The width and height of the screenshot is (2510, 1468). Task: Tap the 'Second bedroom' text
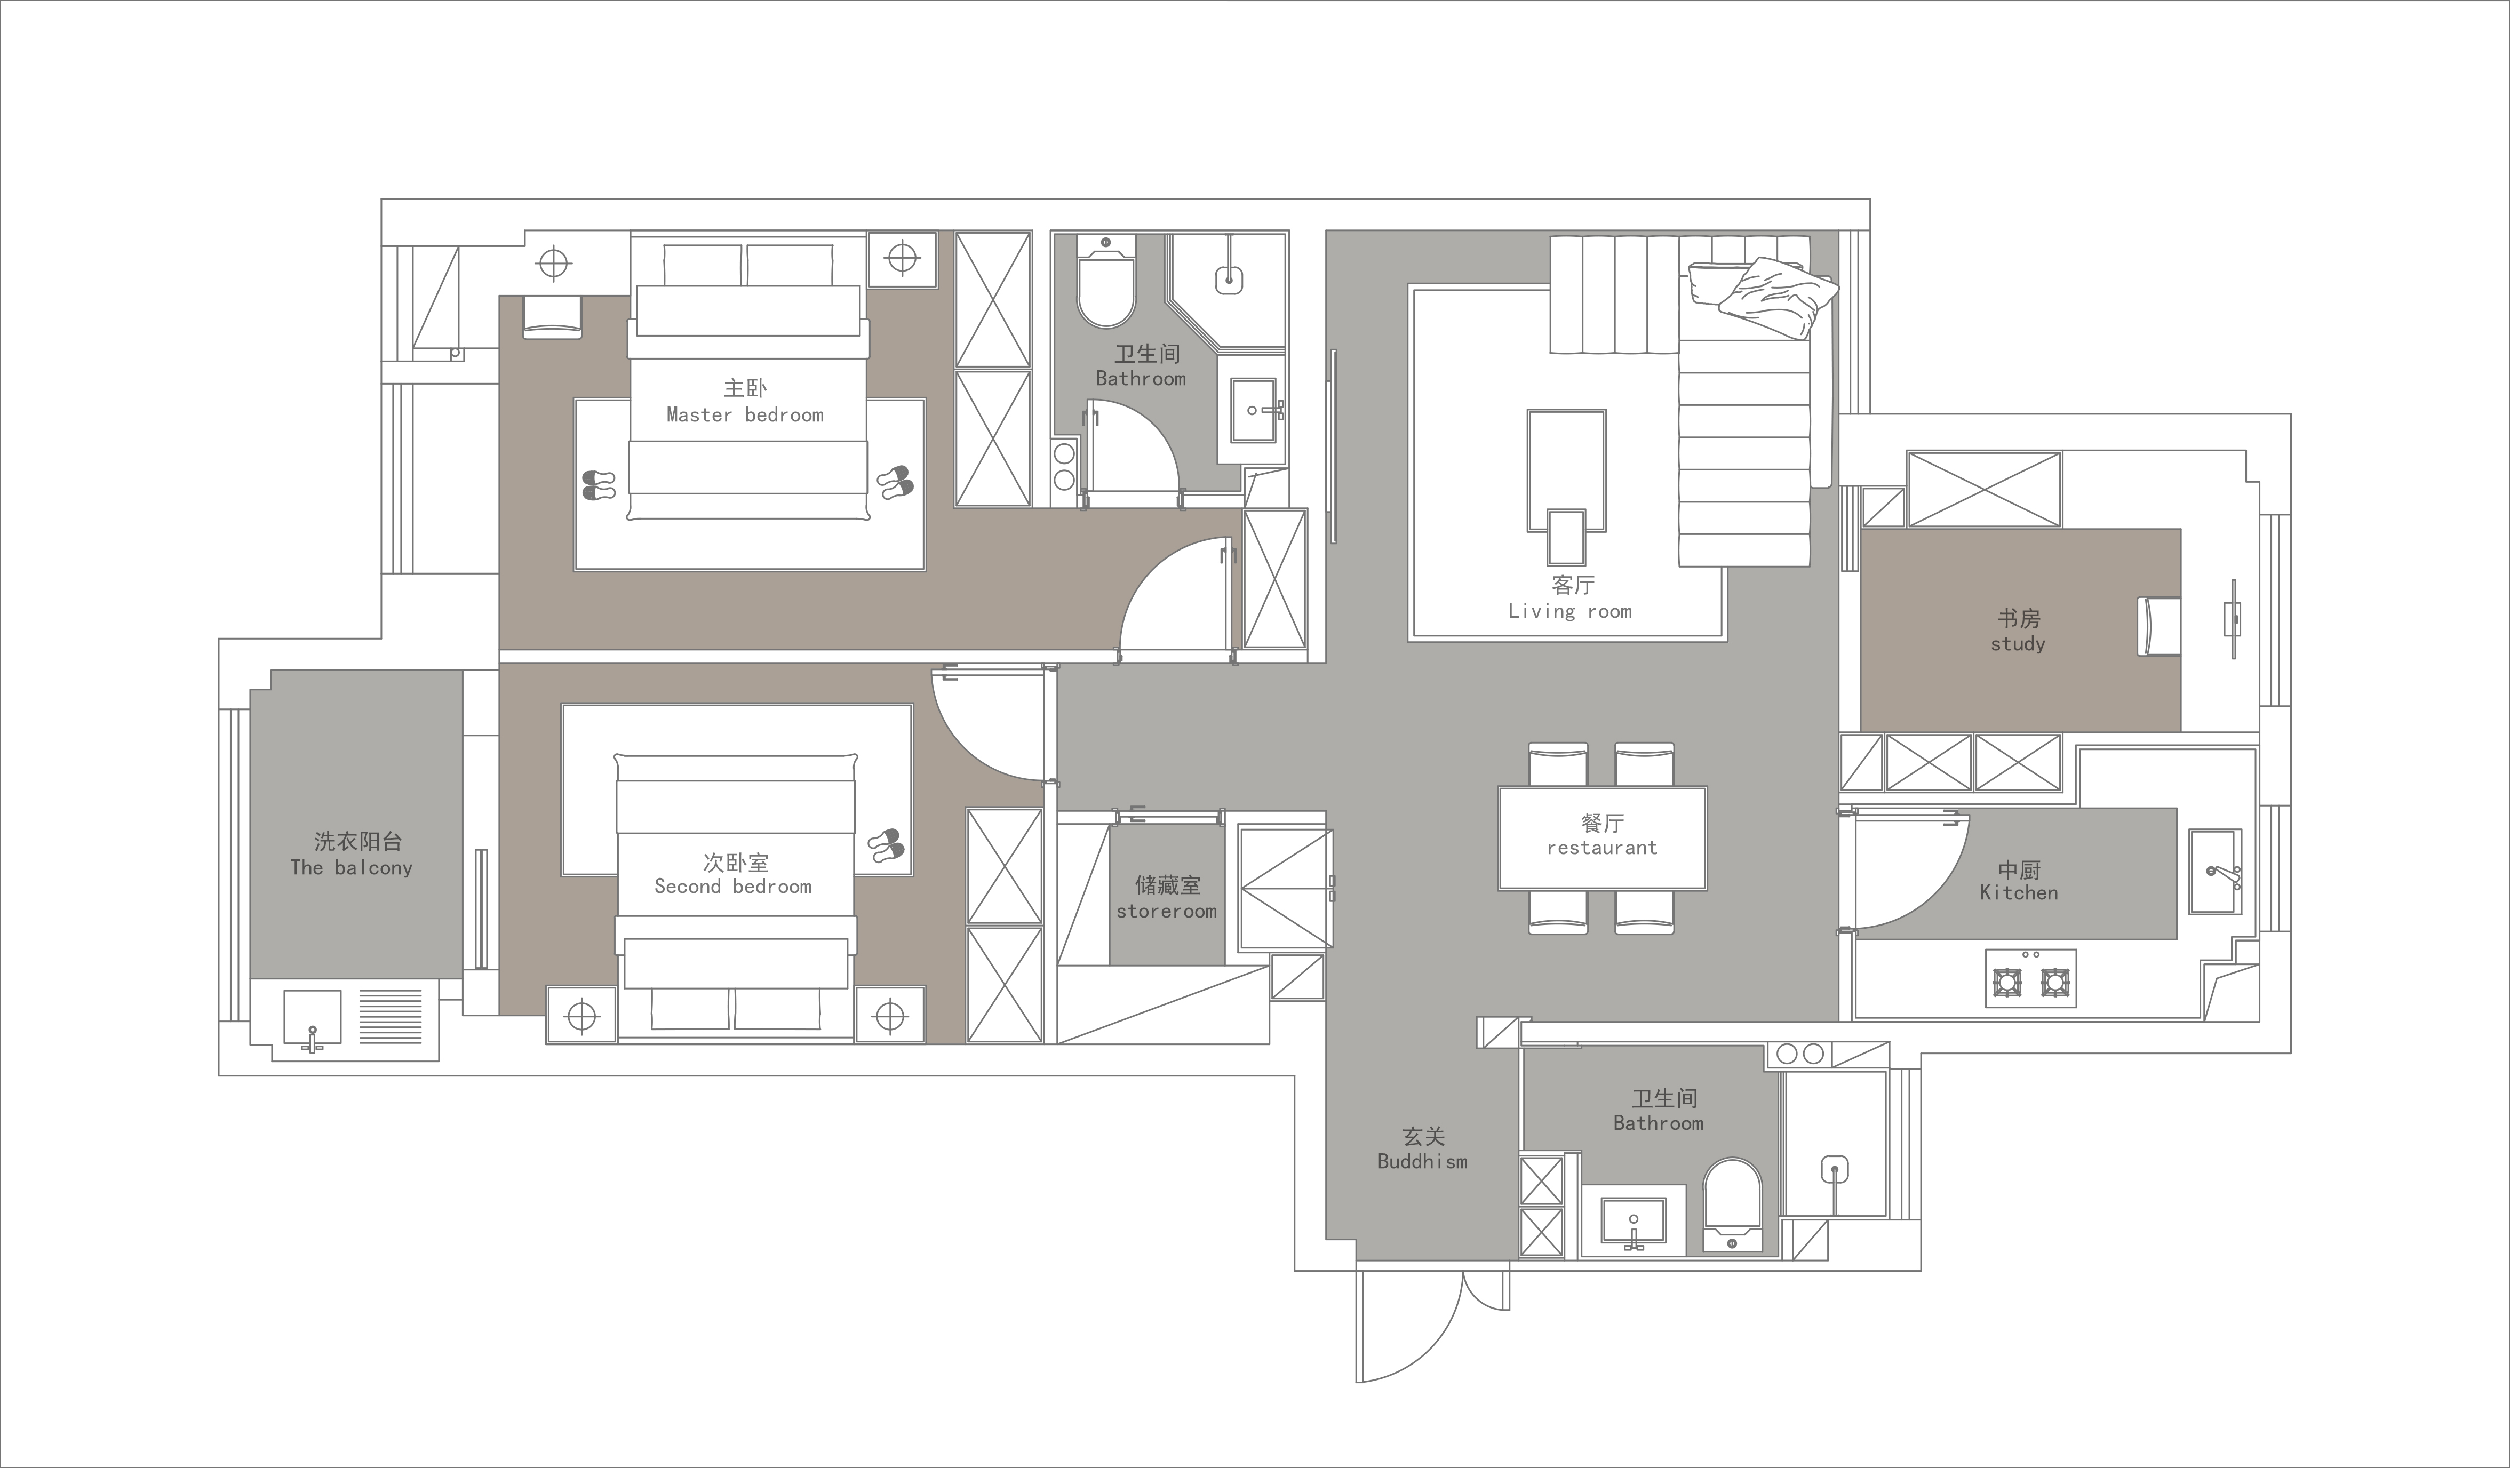tap(733, 887)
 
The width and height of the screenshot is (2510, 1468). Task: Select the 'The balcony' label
tap(352, 867)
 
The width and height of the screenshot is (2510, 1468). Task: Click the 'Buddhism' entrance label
tap(1422, 1161)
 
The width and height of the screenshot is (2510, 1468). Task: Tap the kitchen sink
tap(2215, 872)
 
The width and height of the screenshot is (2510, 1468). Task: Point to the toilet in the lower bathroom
tap(1733, 1205)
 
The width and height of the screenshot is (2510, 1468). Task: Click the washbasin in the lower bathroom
tap(1634, 1222)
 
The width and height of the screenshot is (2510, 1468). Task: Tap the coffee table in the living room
tap(1566, 470)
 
